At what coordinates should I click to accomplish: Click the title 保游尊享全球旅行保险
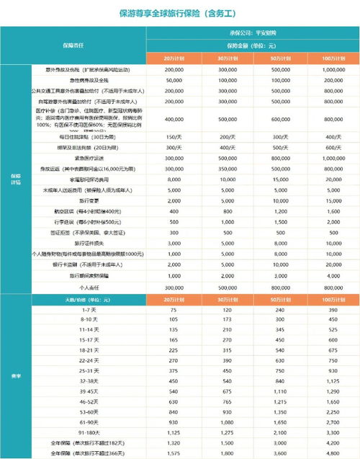pos(179,12)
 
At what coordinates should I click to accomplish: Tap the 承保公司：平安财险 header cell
pos(252,32)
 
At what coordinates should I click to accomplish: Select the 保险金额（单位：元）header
pos(252,45)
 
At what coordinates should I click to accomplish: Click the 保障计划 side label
pos(16,178)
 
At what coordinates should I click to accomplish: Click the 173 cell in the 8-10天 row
pos(225,318)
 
